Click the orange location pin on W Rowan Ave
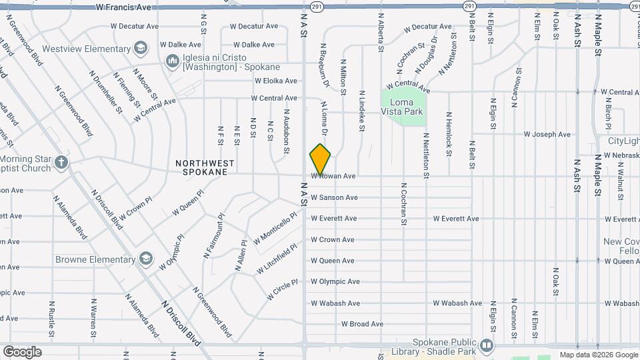pyautogui.click(x=321, y=159)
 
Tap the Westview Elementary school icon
pyautogui.click(x=141, y=48)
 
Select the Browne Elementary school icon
pyautogui.click(x=146, y=259)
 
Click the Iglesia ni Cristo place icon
pyautogui.click(x=173, y=62)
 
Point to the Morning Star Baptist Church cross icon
pyautogui.click(x=61, y=162)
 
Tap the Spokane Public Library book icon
pyautogui.click(x=486, y=346)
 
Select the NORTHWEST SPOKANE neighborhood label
pyautogui.click(x=205, y=167)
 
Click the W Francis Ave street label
pyautogui.click(x=123, y=7)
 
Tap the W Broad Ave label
pyautogui.click(x=362, y=324)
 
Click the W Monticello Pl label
pyautogui.click(x=275, y=229)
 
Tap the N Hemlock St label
pyautogui.click(x=449, y=133)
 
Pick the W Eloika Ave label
pyautogui.click(x=275, y=81)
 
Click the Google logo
pyautogui.click(x=22, y=351)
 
